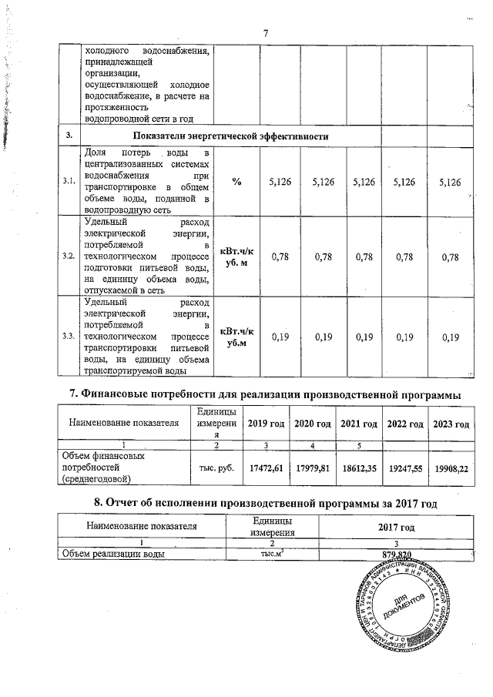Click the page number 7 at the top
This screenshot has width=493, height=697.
point(265,33)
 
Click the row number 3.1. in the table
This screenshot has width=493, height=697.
point(68,181)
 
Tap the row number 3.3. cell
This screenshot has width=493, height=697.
point(68,337)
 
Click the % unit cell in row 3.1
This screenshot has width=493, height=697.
point(234,181)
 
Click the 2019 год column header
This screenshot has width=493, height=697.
point(267,424)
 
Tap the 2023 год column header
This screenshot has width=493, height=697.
point(451,424)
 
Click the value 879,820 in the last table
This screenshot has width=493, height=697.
point(397,555)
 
